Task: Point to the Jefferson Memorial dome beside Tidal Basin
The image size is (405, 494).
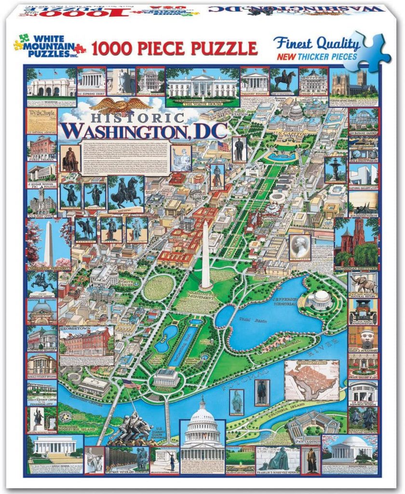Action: pos(320,299)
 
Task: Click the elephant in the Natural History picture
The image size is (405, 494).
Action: pos(363,284)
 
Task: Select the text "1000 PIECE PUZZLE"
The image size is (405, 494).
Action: pos(174,48)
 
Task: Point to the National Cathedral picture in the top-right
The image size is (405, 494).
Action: pos(353,82)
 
